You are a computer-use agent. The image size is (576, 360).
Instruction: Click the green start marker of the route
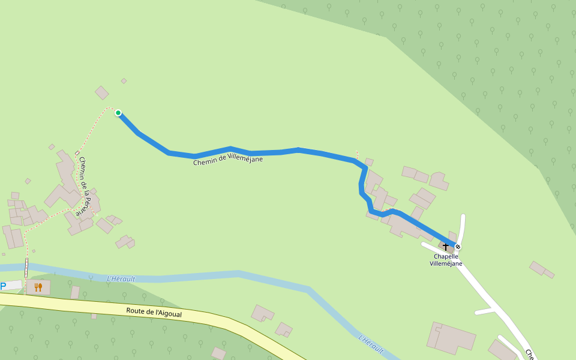pyautogui.click(x=118, y=113)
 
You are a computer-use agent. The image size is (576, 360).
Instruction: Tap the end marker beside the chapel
pyautogui.click(x=458, y=247)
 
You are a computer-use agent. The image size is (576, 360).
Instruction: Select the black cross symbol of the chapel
pyautogui.click(x=446, y=246)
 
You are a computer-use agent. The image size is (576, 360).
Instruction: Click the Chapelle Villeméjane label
pyautogui.click(x=446, y=260)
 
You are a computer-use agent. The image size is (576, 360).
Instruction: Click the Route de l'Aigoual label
pyautogui.click(x=154, y=313)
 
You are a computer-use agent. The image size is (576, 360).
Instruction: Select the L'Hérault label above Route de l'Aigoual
pyautogui.click(x=121, y=278)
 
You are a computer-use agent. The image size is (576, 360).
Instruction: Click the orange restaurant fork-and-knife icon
pyautogui.click(x=38, y=287)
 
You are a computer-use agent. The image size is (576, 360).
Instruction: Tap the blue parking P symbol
pyautogui.click(x=3, y=286)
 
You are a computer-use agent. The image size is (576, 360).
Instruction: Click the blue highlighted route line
pyautogui.click(x=270, y=152)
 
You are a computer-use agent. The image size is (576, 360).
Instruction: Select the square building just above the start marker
pyautogui.click(x=102, y=92)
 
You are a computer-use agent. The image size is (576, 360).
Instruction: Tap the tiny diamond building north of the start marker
pyautogui.click(x=124, y=81)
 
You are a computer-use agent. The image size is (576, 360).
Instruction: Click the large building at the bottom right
pyautogui.click(x=452, y=338)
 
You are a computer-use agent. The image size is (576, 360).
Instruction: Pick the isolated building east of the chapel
pyautogui.click(x=541, y=269)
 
